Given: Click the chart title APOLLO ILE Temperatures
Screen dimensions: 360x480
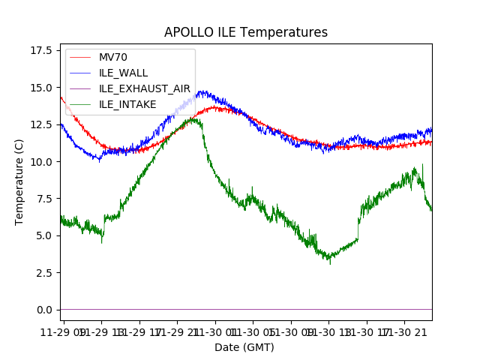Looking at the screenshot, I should point(246,33).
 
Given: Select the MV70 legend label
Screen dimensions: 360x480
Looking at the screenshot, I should point(112,57).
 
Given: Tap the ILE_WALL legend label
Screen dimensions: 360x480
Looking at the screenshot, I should point(123,73).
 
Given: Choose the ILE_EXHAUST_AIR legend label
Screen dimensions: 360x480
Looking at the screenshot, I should point(145,88).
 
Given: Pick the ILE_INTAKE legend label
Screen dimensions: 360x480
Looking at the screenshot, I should point(127,104).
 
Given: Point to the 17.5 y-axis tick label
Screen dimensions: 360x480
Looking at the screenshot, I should point(43,50).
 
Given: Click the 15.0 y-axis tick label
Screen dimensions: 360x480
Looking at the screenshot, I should point(43,87).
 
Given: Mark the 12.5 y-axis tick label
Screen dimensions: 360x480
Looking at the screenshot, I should point(43,124).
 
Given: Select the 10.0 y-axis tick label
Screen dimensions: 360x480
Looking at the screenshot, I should point(43,161).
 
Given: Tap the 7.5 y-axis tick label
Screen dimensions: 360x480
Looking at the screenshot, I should point(46,198).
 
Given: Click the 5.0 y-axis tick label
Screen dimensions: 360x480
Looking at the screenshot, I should point(46,235).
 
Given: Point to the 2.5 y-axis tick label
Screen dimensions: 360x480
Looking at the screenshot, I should point(46,272).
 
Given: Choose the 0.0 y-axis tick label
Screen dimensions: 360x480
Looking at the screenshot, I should point(46,309).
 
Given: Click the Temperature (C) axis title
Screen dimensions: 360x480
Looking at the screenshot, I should point(19,181).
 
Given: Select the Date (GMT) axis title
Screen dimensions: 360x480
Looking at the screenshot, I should point(244,347).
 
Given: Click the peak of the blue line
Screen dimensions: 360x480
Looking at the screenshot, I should point(201,91).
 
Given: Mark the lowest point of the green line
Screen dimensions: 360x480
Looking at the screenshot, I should point(330,263).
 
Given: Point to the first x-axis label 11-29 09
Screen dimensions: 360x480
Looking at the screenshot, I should point(63,331).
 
